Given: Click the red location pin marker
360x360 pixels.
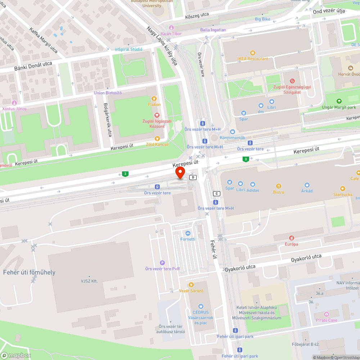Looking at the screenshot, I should point(180,172).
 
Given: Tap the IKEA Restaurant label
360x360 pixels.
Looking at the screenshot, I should point(252,59).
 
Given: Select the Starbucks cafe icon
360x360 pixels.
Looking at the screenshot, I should point(342,188).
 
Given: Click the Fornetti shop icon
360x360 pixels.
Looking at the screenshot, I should point(188,234).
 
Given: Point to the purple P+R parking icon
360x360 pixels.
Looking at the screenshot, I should point(162,263).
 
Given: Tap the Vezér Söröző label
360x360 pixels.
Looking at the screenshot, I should point(191,291).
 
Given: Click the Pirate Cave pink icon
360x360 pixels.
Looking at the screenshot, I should point(326,314).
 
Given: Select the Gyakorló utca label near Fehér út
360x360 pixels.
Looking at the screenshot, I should point(240,267).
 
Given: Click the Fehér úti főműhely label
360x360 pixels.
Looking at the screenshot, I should point(29,272).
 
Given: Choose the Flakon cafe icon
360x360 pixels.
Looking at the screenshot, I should point(154,98).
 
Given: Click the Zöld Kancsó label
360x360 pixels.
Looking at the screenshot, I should point(157,144).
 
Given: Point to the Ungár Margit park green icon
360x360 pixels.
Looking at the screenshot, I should point(338,101).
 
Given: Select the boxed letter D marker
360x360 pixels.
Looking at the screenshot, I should point(193,177).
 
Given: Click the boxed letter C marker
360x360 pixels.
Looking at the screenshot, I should point(216,193).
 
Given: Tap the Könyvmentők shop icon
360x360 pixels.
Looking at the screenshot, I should point(232,132).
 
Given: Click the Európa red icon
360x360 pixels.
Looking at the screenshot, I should point(291,238).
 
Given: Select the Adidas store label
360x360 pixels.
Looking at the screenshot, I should point(253,190).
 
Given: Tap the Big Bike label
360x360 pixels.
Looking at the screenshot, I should point(262,19).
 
